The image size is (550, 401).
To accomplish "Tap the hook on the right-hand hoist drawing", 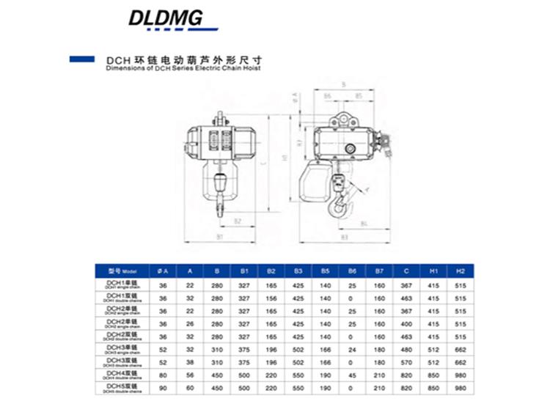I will tap(342, 207).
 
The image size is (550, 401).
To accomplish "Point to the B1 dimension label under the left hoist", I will tap(220, 238).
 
